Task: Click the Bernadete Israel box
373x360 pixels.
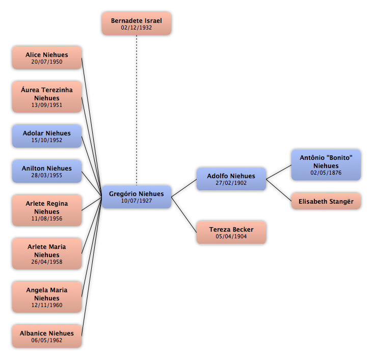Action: click(137, 24)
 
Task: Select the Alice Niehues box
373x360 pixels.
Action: click(47, 58)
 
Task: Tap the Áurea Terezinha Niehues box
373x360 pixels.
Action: click(47, 97)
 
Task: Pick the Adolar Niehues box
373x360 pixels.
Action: click(47, 136)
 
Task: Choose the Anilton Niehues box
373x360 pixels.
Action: click(47, 172)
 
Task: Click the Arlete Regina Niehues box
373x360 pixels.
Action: click(47, 211)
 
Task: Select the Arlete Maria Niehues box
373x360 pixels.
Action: click(47, 254)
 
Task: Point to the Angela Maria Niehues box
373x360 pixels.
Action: click(47, 297)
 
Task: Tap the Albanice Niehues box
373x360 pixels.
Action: click(47, 337)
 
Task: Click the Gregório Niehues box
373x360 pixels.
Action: click(137, 197)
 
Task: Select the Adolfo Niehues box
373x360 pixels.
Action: click(231, 179)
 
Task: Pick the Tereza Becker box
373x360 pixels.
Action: click(231, 233)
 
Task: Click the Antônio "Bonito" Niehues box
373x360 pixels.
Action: click(326, 165)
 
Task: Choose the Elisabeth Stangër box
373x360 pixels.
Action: click(326, 201)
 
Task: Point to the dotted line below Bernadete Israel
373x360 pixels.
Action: click(137, 110)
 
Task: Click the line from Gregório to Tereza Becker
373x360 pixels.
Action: click(184, 215)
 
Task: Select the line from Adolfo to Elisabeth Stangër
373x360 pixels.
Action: click(279, 190)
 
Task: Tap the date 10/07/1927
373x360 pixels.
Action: click(137, 201)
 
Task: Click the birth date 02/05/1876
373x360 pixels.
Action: click(326, 173)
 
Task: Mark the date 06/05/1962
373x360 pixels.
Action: click(47, 340)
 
